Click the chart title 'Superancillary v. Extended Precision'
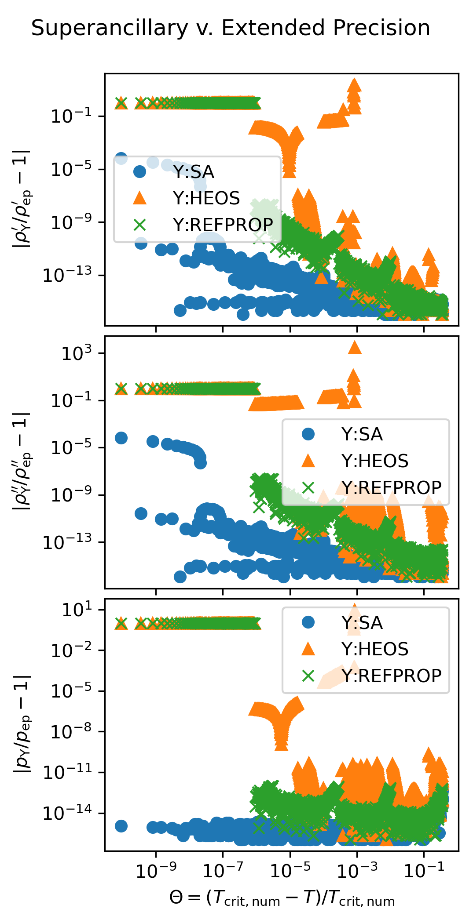(231, 28)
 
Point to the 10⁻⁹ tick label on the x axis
(156, 871)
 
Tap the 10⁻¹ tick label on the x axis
(424, 871)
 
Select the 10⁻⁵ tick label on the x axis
(290, 871)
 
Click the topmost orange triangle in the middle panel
(355, 348)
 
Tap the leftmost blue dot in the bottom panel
(121, 826)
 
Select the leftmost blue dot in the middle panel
(121, 438)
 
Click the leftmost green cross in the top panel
(121, 103)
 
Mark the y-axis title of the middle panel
(22, 461)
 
